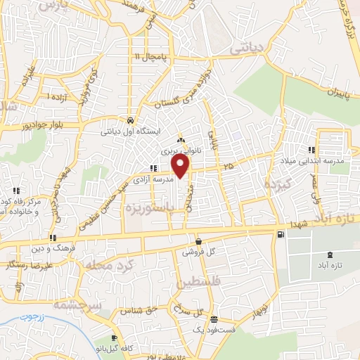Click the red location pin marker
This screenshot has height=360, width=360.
point(181,166)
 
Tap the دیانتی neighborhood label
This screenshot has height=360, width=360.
point(249,48)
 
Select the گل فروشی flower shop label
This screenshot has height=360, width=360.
point(198,251)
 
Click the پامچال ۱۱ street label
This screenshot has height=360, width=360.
point(154,56)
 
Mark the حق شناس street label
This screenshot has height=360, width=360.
point(136,309)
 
